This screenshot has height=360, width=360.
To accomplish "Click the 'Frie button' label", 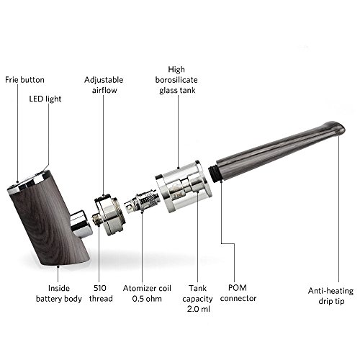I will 26,78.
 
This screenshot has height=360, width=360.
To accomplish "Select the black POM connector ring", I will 214,172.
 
